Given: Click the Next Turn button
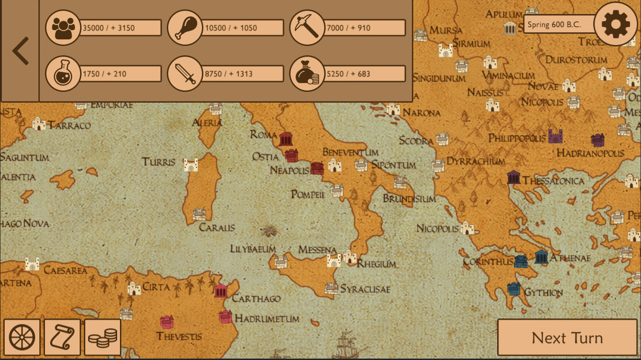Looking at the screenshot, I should coord(567,337).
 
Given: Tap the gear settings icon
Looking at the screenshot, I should coord(615,24).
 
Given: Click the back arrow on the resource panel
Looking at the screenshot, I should coord(20,51).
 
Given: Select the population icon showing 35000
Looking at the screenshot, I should coord(63,28).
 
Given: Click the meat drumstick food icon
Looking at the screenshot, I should coord(185,28).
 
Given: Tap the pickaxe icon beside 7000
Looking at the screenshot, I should coord(307,28).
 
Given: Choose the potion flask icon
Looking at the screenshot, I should coord(63,74).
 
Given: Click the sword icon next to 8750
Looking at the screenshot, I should coord(185,74).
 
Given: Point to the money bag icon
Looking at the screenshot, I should coord(307,74).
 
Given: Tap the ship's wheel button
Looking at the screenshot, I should coord(22,337).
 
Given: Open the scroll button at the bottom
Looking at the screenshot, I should coord(62,337).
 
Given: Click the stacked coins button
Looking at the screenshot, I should coord(103,337).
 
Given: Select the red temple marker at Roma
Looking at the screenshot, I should coord(286,139).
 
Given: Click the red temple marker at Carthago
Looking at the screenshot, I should coord(221,291).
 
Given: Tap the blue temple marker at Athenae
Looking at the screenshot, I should coord(541,257).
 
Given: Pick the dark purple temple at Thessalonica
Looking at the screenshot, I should coord(514,177).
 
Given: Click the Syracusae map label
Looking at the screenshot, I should coord(365,289).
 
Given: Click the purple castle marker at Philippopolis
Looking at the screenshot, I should coord(555,136).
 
